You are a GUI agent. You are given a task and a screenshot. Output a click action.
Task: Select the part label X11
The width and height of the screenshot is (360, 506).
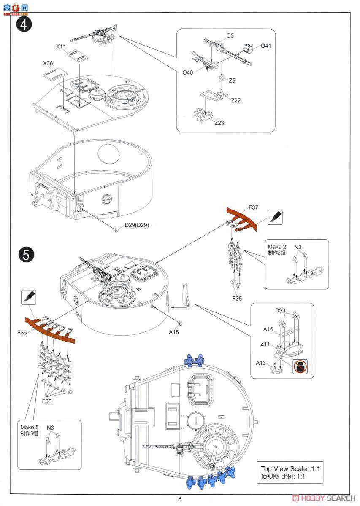[x=61, y=46]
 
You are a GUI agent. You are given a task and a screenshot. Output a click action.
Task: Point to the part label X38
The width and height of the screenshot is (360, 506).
[x=48, y=63]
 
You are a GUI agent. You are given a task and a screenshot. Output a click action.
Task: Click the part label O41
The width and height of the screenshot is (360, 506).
[x=266, y=46]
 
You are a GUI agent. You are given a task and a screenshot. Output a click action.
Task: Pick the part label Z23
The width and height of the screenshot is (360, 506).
[x=219, y=123]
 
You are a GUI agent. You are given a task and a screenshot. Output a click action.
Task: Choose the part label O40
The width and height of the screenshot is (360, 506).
[x=188, y=73]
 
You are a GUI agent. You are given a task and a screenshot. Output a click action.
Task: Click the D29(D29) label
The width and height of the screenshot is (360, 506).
[x=136, y=225]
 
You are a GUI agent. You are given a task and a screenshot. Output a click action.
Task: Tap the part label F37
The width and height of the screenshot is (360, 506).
[x=254, y=207]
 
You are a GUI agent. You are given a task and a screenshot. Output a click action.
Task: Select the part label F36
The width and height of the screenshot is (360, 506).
[x=23, y=332]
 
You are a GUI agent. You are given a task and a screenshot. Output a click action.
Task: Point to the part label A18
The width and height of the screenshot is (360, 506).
[x=174, y=332]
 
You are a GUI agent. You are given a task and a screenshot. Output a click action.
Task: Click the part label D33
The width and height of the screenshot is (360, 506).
[x=280, y=311]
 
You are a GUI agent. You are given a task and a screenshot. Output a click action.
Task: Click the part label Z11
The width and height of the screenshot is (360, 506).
[x=265, y=344]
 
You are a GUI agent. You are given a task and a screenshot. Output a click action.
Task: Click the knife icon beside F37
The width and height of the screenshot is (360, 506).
[x=275, y=217]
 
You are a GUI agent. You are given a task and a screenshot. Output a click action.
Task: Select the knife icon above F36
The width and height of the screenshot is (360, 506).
[x=28, y=298]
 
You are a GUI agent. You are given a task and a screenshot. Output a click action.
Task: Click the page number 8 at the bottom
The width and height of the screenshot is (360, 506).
[x=180, y=499]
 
